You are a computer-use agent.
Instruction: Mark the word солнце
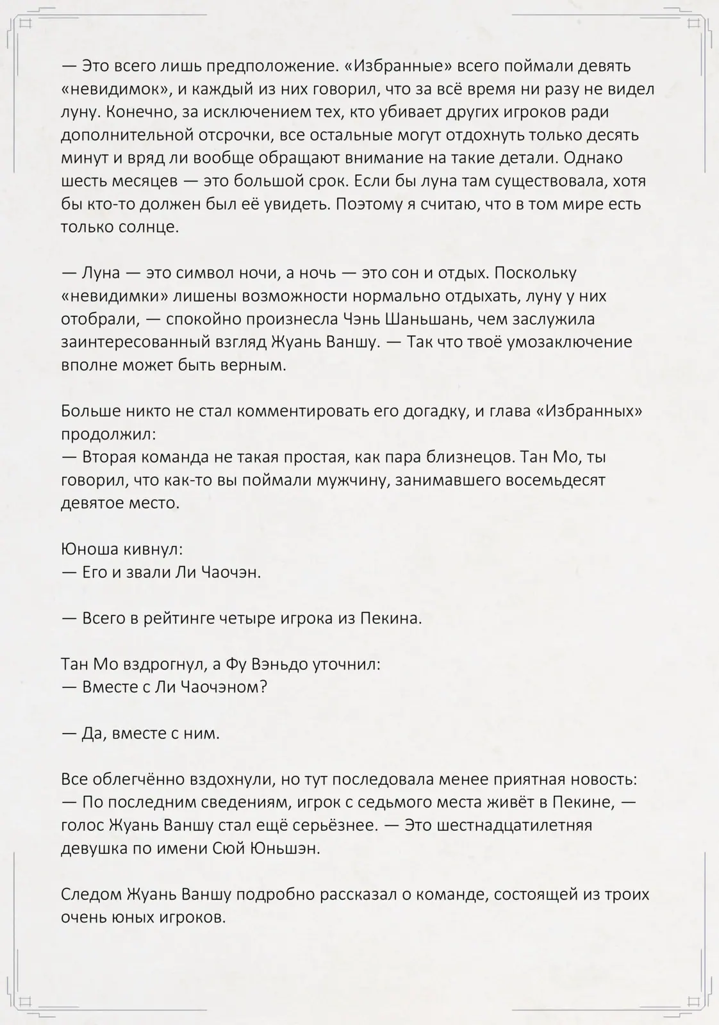pyautogui.click(x=149, y=227)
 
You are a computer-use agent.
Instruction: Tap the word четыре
pyautogui.click(x=247, y=619)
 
